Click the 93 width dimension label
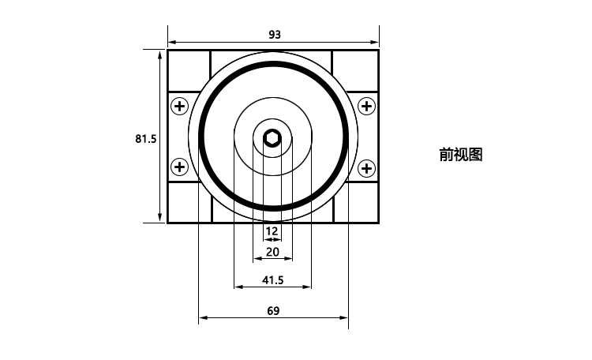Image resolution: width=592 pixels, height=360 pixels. (x=275, y=35)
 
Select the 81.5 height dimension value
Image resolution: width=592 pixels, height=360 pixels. (x=146, y=139)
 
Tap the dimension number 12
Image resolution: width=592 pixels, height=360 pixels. (x=272, y=231)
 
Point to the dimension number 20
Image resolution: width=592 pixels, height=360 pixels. (x=272, y=252)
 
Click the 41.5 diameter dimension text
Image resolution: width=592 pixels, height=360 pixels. (x=272, y=280)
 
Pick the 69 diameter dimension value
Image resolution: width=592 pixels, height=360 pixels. (x=273, y=310)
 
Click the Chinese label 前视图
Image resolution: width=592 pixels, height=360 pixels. (x=461, y=155)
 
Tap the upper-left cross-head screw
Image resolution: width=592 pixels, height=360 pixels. (x=180, y=106)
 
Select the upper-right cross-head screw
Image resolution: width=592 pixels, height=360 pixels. (x=366, y=106)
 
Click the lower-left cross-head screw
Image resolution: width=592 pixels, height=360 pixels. (x=180, y=167)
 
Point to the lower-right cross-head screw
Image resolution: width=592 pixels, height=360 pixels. (x=366, y=168)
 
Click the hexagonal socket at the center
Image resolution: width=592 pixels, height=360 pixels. (x=272, y=138)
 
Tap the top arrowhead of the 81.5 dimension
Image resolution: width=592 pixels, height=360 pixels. (x=160, y=54)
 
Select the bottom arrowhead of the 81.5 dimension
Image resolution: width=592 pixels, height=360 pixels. (x=160, y=218)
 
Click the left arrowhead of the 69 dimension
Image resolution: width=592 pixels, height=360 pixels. (x=203, y=317)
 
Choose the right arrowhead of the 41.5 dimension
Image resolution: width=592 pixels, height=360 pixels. (x=307, y=287)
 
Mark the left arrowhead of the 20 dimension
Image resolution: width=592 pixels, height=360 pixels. (x=257, y=259)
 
